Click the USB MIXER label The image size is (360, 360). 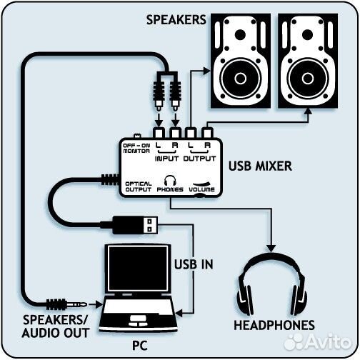click(x=259, y=168)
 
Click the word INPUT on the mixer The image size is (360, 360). click(x=166, y=158)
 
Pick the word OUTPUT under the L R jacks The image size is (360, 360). click(x=197, y=158)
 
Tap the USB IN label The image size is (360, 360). click(x=194, y=264)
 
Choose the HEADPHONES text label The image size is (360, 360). click(x=274, y=326)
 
